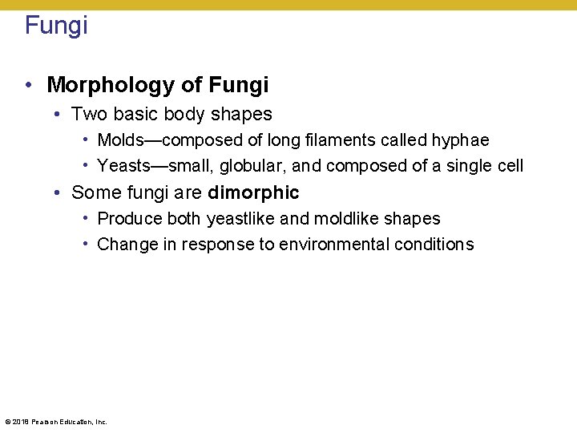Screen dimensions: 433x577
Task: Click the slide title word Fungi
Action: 56,26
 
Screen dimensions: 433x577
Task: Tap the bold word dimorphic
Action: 253,192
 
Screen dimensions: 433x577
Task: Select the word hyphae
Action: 460,140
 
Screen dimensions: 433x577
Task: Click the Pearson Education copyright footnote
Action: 56,422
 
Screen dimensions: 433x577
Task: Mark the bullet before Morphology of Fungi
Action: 29,85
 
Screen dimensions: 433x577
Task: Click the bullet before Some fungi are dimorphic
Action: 58,193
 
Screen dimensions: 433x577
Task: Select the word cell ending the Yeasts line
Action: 509,166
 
